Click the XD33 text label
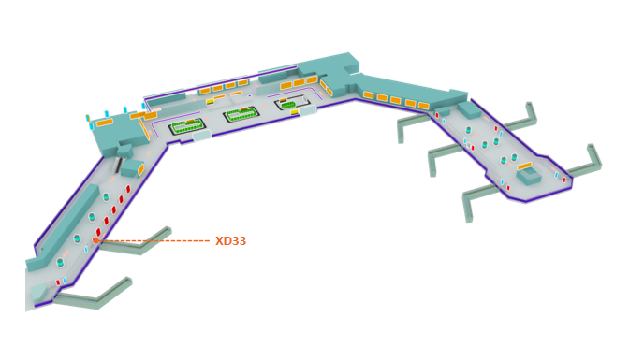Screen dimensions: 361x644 [x=230, y=241]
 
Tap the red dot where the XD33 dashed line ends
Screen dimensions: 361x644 [x=95, y=240]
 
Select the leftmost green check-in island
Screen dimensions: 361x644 [x=187, y=126]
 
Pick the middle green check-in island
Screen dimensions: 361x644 [x=241, y=114]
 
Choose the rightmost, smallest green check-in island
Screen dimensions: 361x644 [x=290, y=104]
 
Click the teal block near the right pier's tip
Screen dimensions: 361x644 [x=529, y=175]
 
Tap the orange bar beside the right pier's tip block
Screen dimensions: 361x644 [x=524, y=166]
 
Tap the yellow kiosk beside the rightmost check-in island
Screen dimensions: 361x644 [x=294, y=112]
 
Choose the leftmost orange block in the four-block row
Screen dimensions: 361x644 [x=205, y=92]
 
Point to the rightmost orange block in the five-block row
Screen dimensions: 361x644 [x=423, y=106]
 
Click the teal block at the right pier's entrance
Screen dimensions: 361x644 [x=468, y=109]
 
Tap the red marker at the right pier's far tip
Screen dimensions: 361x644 [x=563, y=180]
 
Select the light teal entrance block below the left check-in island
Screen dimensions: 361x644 [x=201, y=136]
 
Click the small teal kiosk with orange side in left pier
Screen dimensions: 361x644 [x=132, y=168]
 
